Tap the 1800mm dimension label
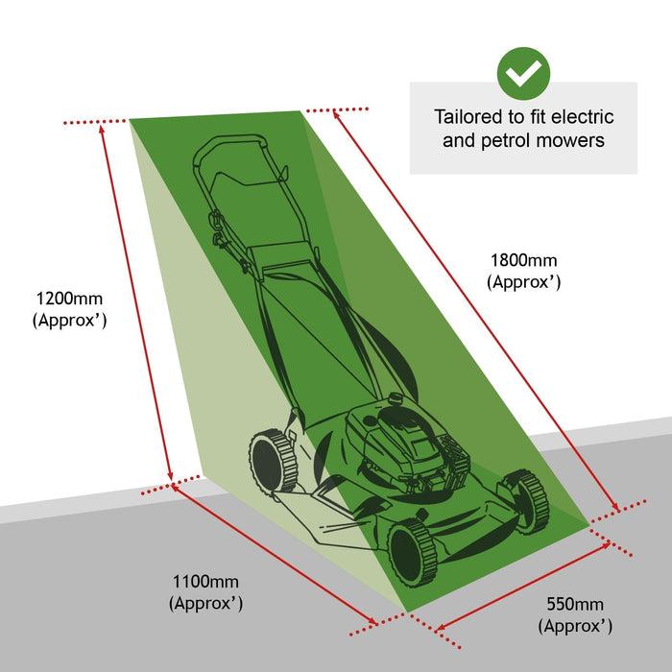click(x=523, y=260)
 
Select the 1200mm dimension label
click(x=68, y=298)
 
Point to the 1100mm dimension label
click(x=205, y=581)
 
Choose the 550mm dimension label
click(x=575, y=604)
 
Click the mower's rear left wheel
click(x=274, y=461)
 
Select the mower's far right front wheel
click(x=526, y=499)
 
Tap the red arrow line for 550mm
click(x=523, y=588)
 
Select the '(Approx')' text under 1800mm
click(x=523, y=282)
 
